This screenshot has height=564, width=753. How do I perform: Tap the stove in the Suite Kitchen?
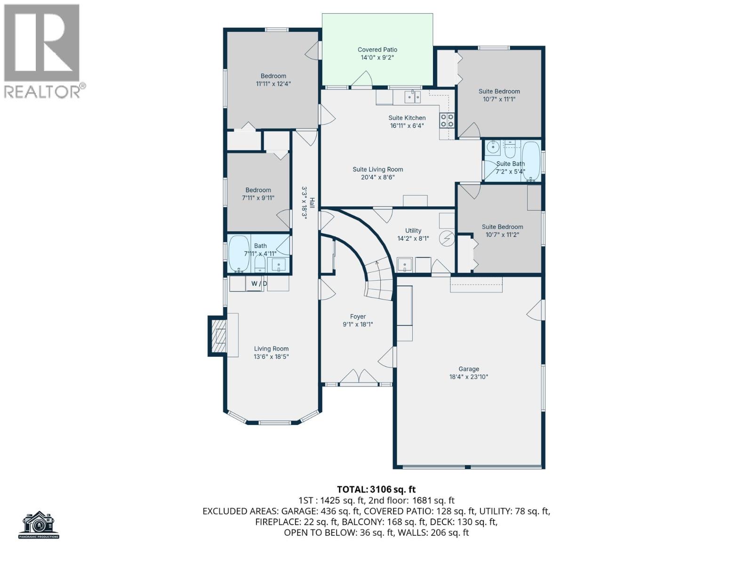pos(447,120)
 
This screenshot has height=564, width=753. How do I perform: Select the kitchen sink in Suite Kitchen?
pos(413,97)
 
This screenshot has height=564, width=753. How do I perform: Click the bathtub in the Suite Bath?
pos(531,161)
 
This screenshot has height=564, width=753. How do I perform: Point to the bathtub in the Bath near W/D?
pos(239,254)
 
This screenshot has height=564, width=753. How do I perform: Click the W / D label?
pos(259,283)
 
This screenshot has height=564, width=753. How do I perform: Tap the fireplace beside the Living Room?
pos(218,336)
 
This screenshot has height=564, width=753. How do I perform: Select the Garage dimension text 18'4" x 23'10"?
pos(469,377)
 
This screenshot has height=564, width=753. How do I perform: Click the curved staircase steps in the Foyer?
pos(379,282)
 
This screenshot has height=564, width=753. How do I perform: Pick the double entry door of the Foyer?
pos(359,377)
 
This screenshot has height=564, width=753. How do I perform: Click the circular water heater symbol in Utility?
pos(446,239)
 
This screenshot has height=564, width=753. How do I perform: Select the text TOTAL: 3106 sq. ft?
pos(376,490)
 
